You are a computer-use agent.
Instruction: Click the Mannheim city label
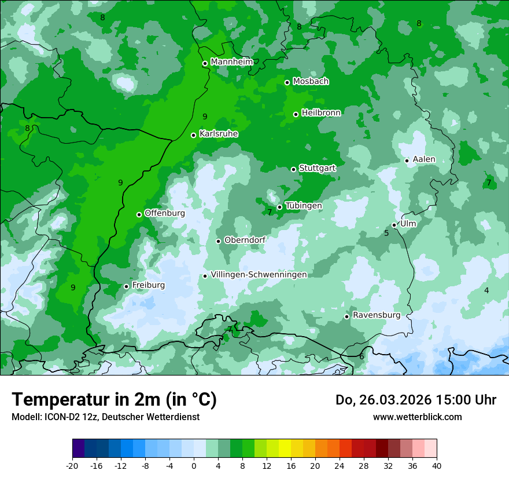click(231, 62)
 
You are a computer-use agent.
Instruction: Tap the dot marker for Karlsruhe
click(194, 135)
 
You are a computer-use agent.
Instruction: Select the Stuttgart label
click(317, 168)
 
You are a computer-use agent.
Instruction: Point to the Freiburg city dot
click(126, 286)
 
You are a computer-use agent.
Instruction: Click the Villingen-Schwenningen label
click(259, 275)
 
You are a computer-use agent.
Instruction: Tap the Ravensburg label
click(376, 315)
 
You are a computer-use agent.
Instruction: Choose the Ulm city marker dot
click(394, 225)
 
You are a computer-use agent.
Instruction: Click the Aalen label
click(423, 159)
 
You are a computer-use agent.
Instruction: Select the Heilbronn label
click(321, 113)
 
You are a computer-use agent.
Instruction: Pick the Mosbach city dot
click(287, 82)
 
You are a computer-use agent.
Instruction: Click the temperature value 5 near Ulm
click(386, 233)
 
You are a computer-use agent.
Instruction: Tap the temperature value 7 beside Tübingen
click(270, 212)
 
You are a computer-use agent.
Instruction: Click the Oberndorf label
click(245, 240)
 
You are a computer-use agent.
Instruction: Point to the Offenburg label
click(164, 213)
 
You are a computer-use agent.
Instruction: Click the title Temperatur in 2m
click(114, 400)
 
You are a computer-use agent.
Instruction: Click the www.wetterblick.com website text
click(417, 417)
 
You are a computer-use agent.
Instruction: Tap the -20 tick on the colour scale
click(72, 465)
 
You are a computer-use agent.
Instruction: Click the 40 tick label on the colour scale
click(436, 465)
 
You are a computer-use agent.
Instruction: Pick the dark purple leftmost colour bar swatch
click(78, 449)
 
